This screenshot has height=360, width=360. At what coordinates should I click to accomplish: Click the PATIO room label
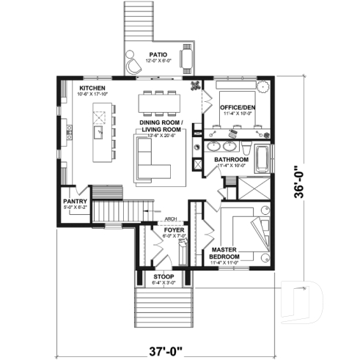(158, 55)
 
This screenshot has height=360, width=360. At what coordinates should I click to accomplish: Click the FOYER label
(174, 230)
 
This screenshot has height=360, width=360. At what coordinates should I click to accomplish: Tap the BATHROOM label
(231, 160)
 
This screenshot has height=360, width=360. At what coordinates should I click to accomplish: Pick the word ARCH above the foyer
(172, 218)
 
